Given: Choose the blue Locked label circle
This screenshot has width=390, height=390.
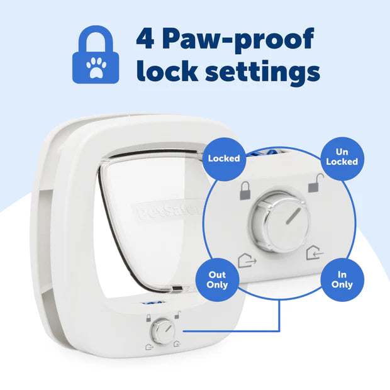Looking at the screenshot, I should [x=224, y=158].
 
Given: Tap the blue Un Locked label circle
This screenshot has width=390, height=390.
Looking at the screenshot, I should [x=342, y=157].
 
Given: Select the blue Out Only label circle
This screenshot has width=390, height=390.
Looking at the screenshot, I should [x=216, y=280].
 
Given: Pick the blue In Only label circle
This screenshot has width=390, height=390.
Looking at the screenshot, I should [x=342, y=280].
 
